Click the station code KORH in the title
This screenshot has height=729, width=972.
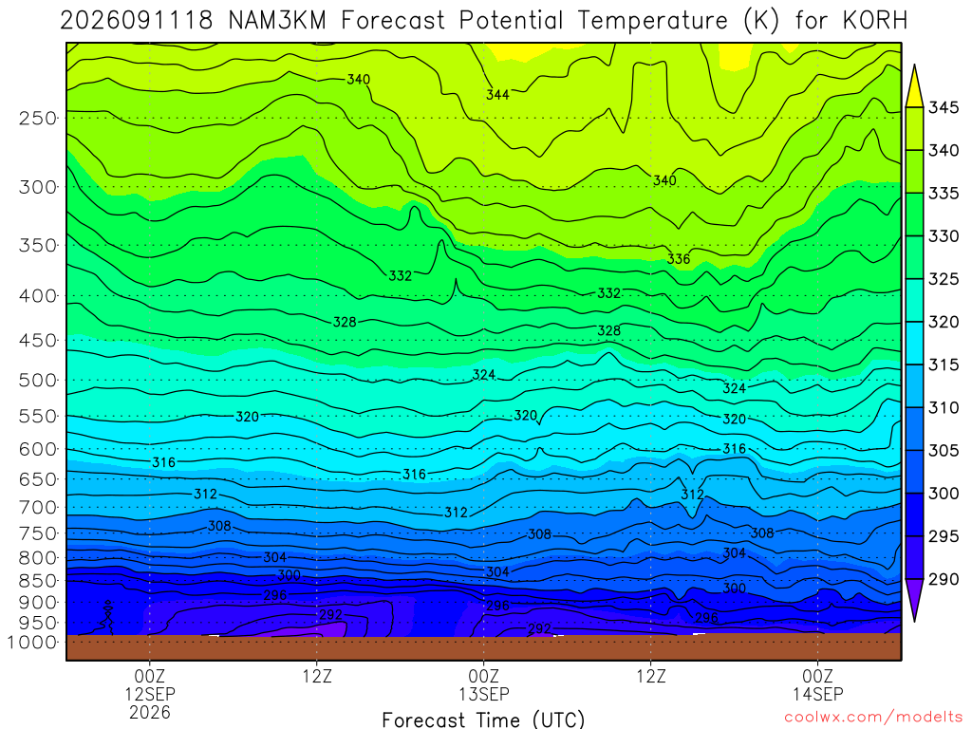tap(874, 21)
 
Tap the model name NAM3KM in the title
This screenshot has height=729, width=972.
tap(277, 21)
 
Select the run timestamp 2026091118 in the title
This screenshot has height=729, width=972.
tap(137, 21)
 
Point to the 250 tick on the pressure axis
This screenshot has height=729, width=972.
tap(38, 118)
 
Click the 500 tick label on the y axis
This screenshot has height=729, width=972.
tap(38, 380)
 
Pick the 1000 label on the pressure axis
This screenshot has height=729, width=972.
tap(32, 643)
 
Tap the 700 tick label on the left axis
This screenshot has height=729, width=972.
tap(38, 508)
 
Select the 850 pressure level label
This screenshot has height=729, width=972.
tap(38, 581)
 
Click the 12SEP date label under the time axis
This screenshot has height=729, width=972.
tap(150, 694)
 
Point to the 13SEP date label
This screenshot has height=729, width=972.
tap(484, 694)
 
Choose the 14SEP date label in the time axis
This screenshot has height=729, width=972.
tap(818, 694)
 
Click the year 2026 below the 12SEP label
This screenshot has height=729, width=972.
tap(150, 712)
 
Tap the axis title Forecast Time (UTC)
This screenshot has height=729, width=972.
tap(483, 720)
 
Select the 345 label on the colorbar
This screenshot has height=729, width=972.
tap(944, 107)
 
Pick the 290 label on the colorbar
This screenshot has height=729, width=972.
tap(944, 579)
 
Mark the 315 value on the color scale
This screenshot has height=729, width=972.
tap(944, 364)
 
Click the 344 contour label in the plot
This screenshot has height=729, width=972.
tap(497, 95)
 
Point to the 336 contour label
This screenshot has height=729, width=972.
tap(679, 258)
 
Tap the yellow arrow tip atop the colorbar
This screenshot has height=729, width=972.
tap(914, 65)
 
